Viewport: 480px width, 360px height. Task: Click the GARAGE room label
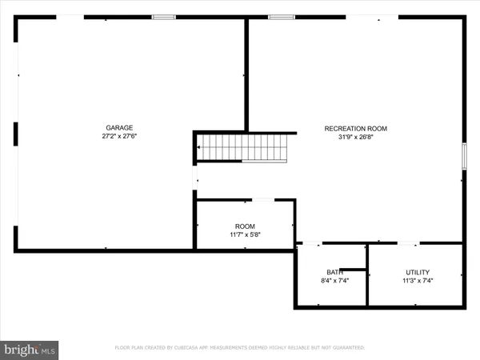point(119,127)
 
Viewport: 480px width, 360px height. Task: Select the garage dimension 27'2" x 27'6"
point(119,137)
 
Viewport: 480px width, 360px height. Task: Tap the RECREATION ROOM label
point(355,128)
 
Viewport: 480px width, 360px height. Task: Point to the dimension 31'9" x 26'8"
point(355,137)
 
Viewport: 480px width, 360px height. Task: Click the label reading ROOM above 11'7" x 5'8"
point(245,226)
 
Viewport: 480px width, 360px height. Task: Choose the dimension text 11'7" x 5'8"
point(245,235)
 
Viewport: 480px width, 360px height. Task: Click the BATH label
point(334,272)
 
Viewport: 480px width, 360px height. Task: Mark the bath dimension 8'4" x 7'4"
point(334,281)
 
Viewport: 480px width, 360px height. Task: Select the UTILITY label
point(417,272)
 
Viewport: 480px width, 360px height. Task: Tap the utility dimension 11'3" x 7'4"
point(417,281)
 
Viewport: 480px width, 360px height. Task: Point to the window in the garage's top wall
point(164,17)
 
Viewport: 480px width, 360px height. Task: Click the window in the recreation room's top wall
point(281,17)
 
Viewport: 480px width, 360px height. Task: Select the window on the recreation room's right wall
point(463,155)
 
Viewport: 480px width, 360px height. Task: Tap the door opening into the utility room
point(408,242)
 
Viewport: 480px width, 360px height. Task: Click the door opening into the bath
point(310,242)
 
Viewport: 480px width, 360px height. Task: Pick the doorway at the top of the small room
point(263,200)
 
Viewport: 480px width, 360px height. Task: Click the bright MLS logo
point(30,349)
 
